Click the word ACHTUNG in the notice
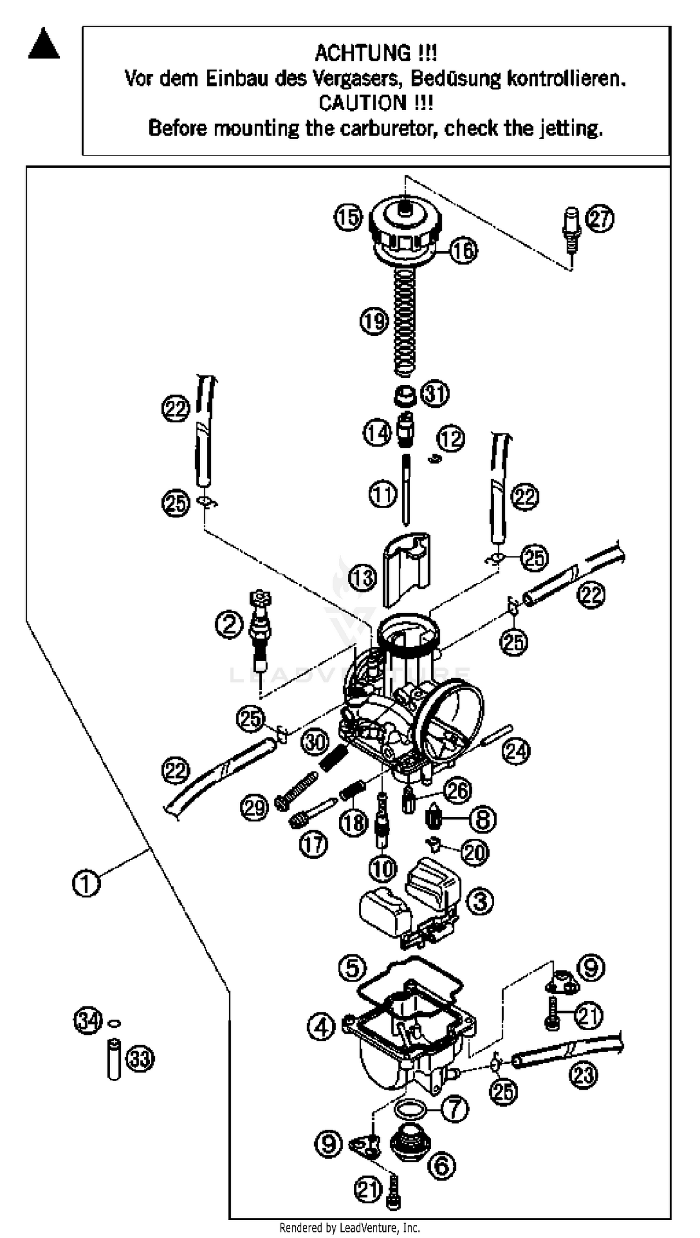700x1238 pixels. click(361, 53)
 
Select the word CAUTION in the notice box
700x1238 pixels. click(362, 103)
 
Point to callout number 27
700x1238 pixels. click(600, 219)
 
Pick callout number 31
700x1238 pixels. click(435, 393)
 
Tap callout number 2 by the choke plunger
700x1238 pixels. click(229, 625)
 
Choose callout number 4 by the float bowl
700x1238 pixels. click(321, 1028)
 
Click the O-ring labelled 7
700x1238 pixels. click(410, 1109)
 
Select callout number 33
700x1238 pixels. click(140, 1059)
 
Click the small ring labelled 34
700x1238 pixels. click(114, 1024)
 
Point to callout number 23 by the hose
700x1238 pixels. click(583, 1075)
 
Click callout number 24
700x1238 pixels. click(516, 751)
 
